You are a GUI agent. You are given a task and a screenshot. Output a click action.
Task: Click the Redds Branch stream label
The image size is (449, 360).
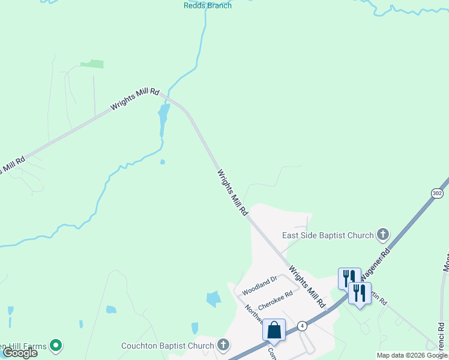(x=207, y=5)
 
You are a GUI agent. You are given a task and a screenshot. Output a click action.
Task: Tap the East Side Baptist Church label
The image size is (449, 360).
(x=328, y=235)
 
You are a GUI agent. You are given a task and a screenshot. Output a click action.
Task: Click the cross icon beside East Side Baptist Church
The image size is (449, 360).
(x=383, y=235)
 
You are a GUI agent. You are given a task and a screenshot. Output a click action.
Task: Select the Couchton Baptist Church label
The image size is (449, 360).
(x=167, y=345)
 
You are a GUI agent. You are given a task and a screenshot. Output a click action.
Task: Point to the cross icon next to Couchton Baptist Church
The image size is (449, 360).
(x=223, y=344)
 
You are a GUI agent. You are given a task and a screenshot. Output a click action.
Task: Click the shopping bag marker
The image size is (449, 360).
(x=274, y=329)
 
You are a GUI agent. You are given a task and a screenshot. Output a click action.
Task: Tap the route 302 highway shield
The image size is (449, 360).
(x=437, y=193)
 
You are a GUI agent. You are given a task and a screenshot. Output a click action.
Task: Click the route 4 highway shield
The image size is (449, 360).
(x=303, y=326)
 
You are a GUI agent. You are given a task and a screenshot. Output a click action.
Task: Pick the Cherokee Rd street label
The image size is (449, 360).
(x=275, y=299)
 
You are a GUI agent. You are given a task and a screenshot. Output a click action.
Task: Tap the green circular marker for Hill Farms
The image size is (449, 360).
(x=56, y=345)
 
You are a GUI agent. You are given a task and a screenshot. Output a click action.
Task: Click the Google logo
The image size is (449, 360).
(x=20, y=353)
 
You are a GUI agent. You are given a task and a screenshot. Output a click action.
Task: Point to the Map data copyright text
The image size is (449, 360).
(x=412, y=355)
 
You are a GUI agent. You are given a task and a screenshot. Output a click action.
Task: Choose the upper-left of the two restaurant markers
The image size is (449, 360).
(x=349, y=277)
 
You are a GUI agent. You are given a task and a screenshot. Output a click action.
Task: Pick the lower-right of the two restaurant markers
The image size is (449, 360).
(x=360, y=293)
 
